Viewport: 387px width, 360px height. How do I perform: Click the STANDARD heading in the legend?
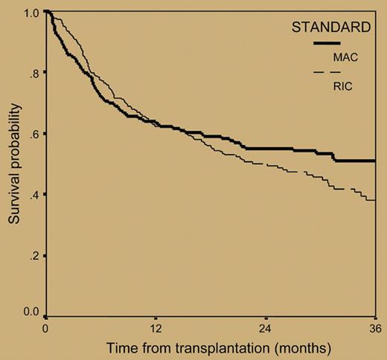pos(330,30)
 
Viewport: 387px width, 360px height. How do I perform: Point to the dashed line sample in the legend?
pos(327,72)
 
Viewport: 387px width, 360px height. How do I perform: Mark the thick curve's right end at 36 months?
pos(374,160)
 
